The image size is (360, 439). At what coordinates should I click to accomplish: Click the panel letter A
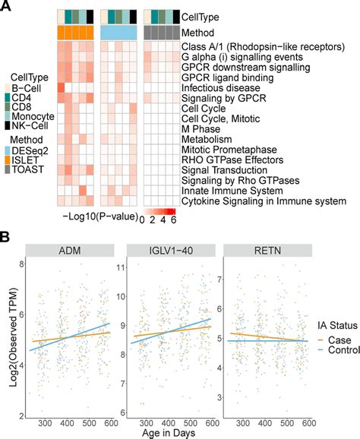pyautogui.click(x=6, y=8)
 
